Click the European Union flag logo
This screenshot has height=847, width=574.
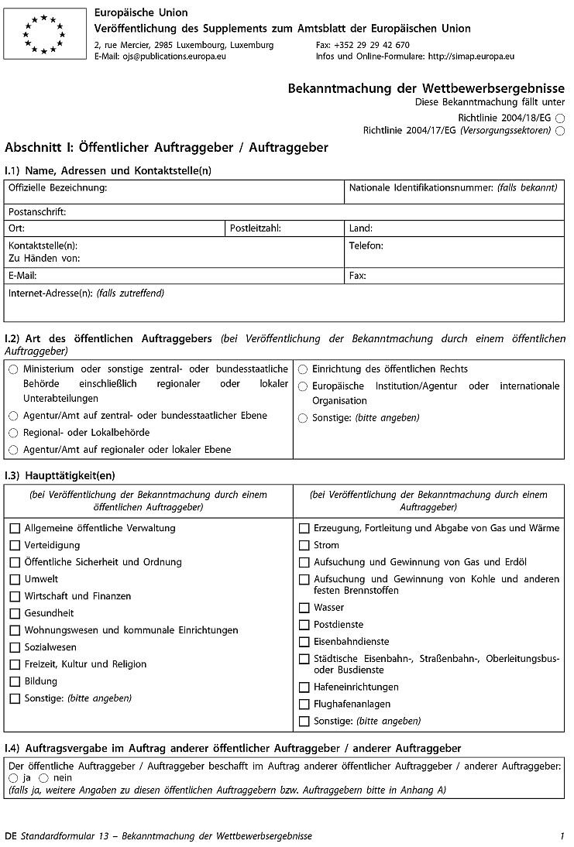tap(44, 34)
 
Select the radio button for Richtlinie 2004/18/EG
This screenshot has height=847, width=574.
tap(560, 118)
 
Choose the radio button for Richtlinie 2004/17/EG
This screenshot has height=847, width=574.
tap(560, 131)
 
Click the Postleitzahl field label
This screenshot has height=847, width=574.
tap(255, 228)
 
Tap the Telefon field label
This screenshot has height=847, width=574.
tap(366, 245)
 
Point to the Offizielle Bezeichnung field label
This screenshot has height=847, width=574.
tap(57, 188)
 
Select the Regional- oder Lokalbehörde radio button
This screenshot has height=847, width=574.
tap(13, 434)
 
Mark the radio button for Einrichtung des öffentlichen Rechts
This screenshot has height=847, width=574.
tap(303, 369)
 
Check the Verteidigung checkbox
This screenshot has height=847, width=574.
tap(15, 546)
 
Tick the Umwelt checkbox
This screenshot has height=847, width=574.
tap(15, 580)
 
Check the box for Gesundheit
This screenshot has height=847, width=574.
tap(15, 614)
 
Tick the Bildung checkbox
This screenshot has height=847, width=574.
tap(15, 682)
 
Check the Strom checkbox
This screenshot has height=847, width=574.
tap(304, 546)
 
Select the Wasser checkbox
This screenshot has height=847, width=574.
tap(304, 609)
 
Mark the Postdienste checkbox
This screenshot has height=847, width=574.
tap(304, 626)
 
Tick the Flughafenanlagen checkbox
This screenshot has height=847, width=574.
tap(304, 705)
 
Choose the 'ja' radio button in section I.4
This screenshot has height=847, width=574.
tap(13, 778)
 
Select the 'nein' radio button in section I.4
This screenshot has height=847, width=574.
tap(43, 778)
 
